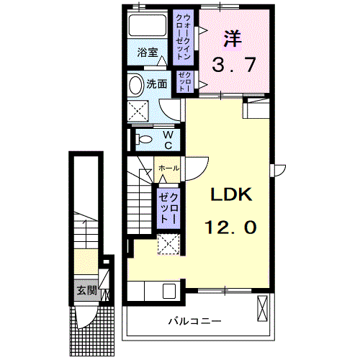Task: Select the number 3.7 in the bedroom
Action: coord(233,66)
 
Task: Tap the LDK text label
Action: coord(230,195)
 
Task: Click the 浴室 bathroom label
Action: coord(148,53)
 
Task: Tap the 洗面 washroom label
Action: coord(157,84)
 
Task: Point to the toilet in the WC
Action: coord(141,138)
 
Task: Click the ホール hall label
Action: coord(168,168)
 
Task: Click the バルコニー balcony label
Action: coord(194,320)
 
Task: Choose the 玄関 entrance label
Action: coord(86,291)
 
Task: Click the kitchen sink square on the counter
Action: coord(170,291)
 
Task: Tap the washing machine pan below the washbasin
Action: coord(138,111)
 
